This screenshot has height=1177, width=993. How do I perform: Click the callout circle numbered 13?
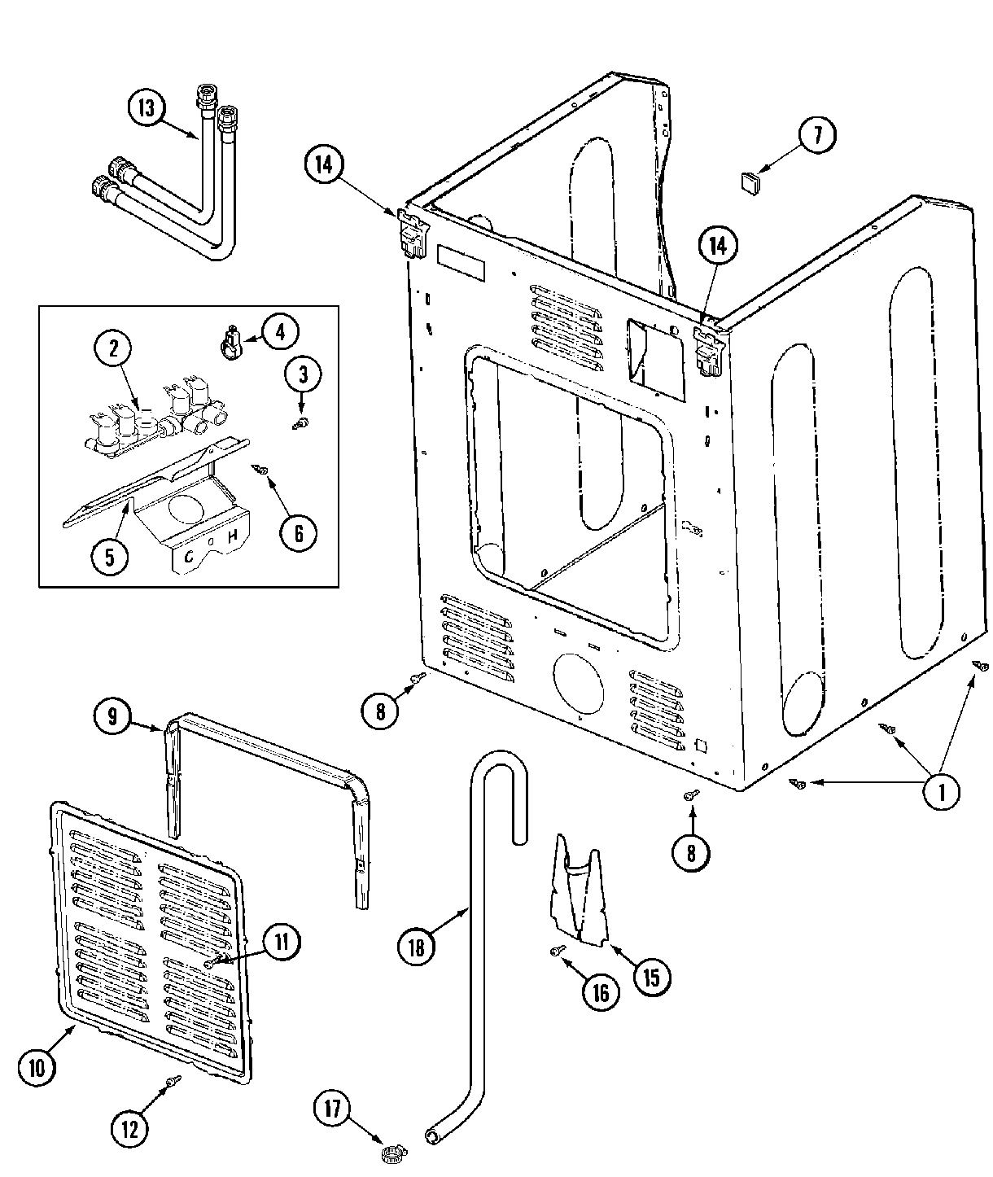click(147, 110)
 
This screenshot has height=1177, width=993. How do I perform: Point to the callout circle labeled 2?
click(113, 349)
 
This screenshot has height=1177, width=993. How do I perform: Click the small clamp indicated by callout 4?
click(231, 340)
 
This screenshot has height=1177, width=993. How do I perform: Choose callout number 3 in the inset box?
click(303, 374)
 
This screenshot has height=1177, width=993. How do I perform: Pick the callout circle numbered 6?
click(298, 533)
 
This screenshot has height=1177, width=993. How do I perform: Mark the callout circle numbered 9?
click(112, 716)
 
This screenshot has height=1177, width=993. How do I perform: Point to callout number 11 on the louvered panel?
click(281, 942)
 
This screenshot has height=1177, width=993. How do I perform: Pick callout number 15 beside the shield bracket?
click(652, 976)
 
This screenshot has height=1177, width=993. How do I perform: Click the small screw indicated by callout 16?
click(558, 950)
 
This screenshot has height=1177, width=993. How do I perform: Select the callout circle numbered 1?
click(943, 791)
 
